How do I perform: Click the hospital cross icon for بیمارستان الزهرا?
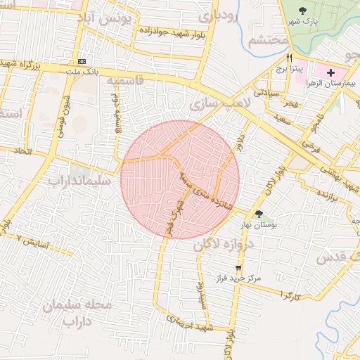[331, 73]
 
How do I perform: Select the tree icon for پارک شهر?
[303, 11]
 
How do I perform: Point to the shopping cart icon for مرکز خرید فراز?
[239, 267]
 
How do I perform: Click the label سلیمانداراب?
[79, 181]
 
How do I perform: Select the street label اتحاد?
[24, 151]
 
